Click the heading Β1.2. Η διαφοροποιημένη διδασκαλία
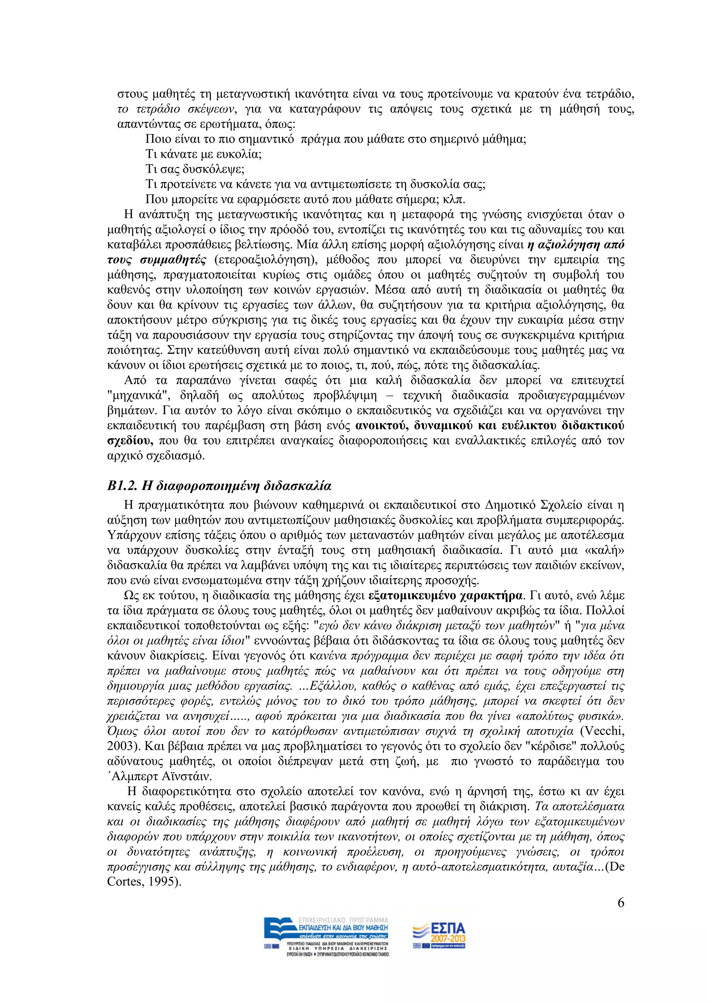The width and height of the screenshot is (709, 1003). [x=219, y=486]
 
